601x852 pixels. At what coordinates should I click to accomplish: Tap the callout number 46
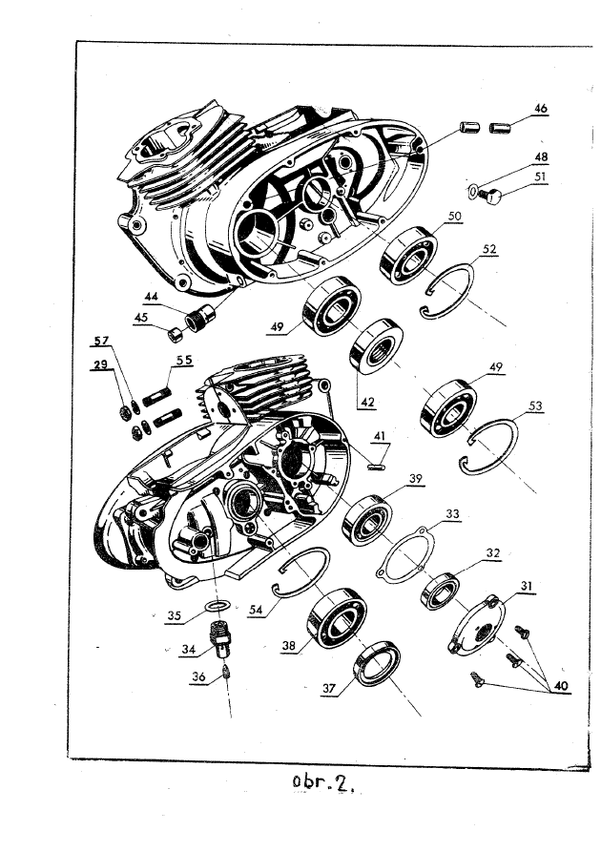(x=540, y=110)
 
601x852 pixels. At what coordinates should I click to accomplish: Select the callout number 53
(x=535, y=405)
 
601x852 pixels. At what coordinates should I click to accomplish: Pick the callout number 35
(x=173, y=615)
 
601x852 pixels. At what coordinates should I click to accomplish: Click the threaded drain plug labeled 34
(x=223, y=637)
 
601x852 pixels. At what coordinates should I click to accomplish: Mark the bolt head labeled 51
(x=493, y=196)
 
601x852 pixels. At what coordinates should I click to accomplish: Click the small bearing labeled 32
(x=440, y=591)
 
